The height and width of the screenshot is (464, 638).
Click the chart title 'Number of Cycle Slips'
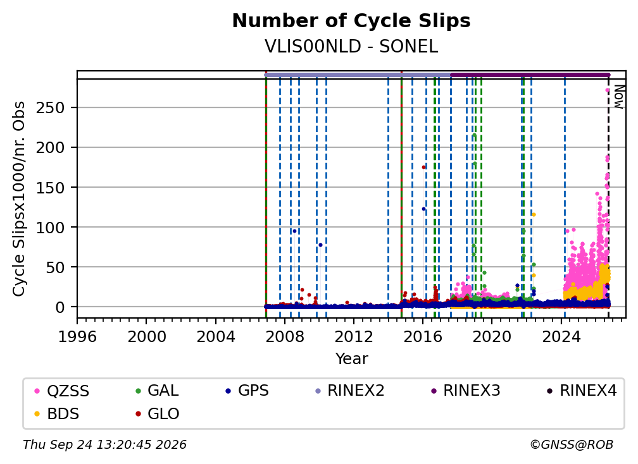351,21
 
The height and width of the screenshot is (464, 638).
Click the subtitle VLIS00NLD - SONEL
351,47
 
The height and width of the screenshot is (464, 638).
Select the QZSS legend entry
61,391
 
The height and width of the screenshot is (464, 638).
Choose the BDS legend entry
56,413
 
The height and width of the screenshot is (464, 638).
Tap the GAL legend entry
157,391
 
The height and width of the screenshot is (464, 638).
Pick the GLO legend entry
157,413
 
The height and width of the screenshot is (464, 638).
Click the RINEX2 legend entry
350,391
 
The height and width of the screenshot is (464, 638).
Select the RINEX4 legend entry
582,391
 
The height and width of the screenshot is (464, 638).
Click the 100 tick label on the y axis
51,227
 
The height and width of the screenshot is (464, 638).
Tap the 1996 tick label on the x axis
77,337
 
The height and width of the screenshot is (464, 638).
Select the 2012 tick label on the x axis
354,337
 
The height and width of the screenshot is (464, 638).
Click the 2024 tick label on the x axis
561,337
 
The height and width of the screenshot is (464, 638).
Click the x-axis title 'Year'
351,359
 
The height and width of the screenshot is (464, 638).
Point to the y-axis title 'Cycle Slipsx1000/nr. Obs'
19,198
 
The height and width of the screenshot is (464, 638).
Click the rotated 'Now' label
618,97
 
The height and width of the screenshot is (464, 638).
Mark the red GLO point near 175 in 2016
423,167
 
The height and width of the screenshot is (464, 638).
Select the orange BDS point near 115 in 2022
534,214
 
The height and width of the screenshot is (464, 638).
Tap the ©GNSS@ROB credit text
572,445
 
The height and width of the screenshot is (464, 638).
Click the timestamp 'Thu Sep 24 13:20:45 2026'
104,445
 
